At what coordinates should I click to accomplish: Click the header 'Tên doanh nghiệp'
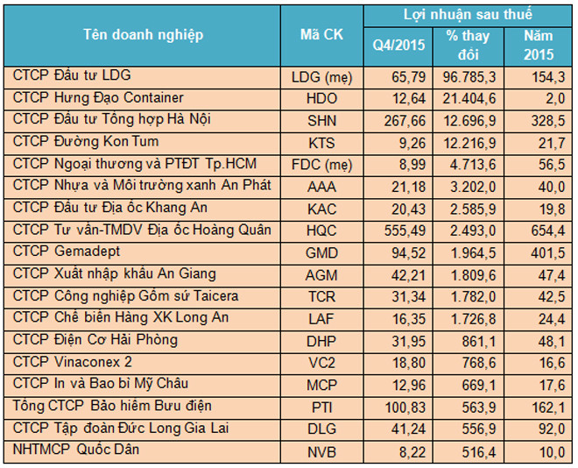(x=143, y=35)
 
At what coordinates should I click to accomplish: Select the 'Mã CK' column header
(x=321, y=35)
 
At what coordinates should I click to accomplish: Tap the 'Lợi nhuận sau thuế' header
(x=467, y=15)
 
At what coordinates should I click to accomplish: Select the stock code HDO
(x=321, y=98)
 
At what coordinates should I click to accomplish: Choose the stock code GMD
(x=321, y=252)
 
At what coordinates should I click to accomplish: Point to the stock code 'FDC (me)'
(x=321, y=164)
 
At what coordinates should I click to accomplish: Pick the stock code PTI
(x=321, y=407)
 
